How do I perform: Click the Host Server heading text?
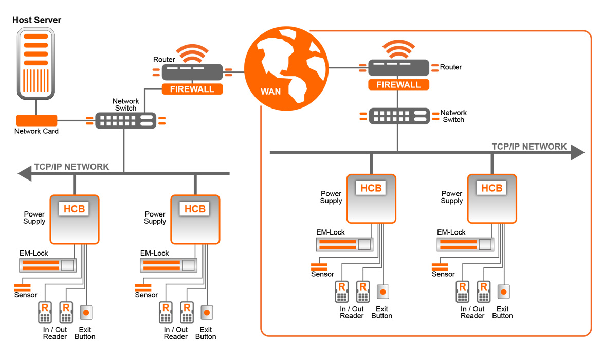click(x=37, y=20)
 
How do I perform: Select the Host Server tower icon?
click(x=36, y=64)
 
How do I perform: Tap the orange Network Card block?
click(x=37, y=121)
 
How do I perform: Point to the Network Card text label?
click(x=37, y=131)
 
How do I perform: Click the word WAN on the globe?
click(x=270, y=92)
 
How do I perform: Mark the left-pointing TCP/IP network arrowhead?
click(x=25, y=174)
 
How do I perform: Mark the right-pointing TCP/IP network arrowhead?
click(x=577, y=152)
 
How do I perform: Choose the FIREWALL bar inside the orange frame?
click(x=398, y=85)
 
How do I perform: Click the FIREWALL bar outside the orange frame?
click(x=192, y=89)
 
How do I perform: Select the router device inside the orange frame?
click(x=398, y=67)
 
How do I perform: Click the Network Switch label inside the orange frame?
click(x=453, y=116)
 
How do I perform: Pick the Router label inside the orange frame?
click(x=451, y=67)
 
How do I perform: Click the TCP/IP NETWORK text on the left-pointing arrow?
click(x=71, y=167)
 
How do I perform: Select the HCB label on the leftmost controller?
click(x=74, y=209)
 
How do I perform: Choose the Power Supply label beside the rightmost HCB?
click(x=452, y=197)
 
